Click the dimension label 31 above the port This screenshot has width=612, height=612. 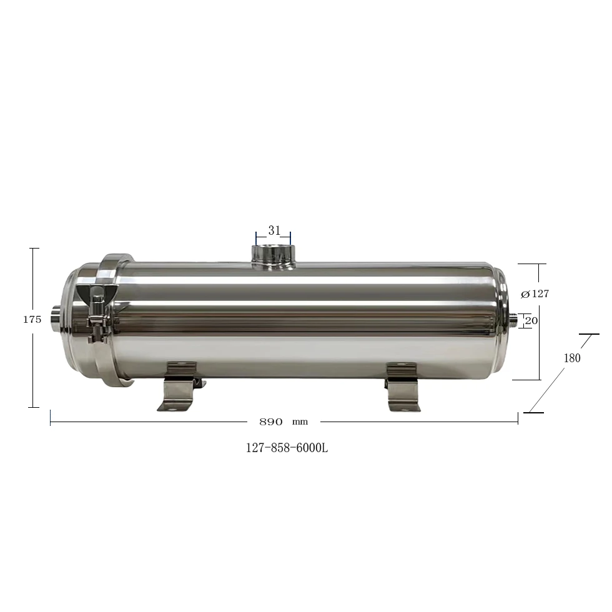click(274, 230)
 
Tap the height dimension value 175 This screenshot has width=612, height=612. click(32, 319)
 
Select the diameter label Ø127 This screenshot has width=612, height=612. click(535, 294)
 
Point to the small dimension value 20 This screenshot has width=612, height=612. click(531, 320)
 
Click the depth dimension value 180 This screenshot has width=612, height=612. click(572, 358)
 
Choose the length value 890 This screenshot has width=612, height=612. click(271, 422)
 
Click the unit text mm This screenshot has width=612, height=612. click(300, 422)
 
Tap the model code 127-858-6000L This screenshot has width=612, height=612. click(287, 448)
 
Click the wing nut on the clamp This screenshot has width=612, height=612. click(98, 294)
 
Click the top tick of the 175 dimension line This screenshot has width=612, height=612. click(34, 249)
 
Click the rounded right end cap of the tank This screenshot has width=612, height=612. click(500, 320)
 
